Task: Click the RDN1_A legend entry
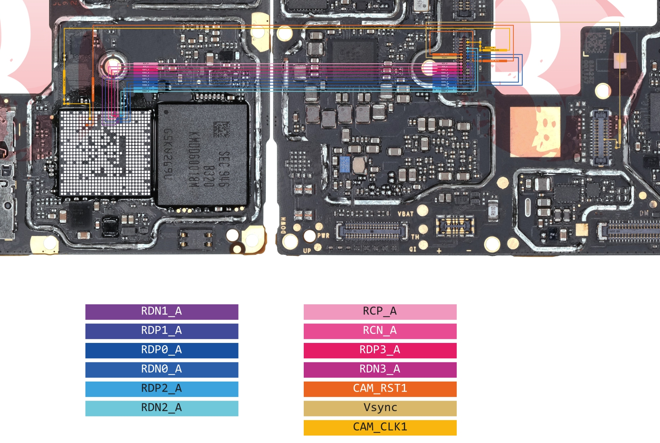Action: (x=162, y=311)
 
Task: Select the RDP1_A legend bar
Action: (x=162, y=331)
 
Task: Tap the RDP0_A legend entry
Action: (x=162, y=350)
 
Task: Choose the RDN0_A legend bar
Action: (x=162, y=370)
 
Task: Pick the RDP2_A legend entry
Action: (x=162, y=389)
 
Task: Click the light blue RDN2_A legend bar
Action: (x=162, y=408)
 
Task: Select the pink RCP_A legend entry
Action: (x=380, y=311)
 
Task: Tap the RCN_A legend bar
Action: (x=380, y=331)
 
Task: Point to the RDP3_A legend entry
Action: (x=380, y=350)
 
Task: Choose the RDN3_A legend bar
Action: (x=380, y=370)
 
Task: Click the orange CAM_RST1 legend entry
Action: (x=380, y=389)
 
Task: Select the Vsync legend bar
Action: (x=380, y=408)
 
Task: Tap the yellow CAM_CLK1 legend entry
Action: (x=380, y=427)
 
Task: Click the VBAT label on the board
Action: (x=405, y=214)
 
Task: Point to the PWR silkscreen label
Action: (x=323, y=236)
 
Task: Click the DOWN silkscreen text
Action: (x=283, y=225)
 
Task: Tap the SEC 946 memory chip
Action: (x=203, y=154)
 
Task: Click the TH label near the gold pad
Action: (x=415, y=237)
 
